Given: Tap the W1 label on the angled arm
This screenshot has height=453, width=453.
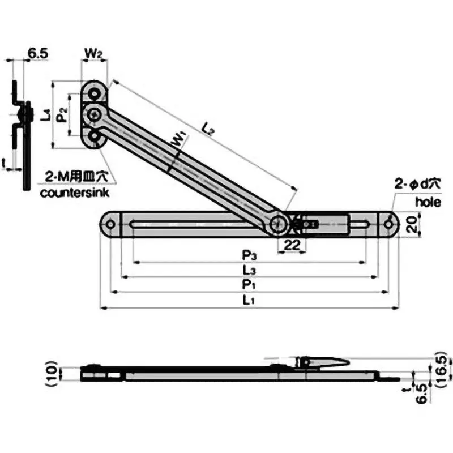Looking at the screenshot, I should point(177,139).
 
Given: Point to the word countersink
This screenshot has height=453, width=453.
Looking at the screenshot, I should point(75,193).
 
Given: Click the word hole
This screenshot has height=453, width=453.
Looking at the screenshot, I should point(426,201).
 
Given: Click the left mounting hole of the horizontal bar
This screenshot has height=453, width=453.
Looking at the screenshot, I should point(110,224).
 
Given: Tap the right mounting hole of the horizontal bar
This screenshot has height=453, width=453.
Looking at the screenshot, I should point(388,224).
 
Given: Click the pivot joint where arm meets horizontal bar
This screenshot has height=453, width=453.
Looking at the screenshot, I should point(277,225).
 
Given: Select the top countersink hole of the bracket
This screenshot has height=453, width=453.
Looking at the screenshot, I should point(93,93).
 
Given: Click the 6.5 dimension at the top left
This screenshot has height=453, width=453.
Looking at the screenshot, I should point(37,54).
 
